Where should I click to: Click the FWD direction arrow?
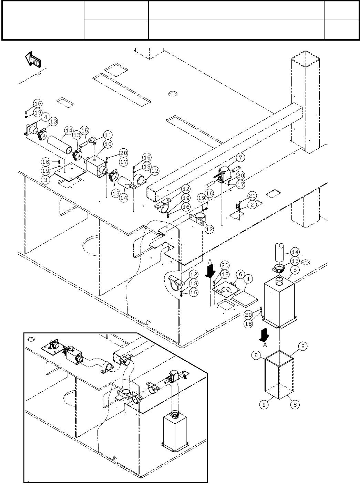[x=33, y=60]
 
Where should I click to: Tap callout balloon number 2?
[x=253, y=205]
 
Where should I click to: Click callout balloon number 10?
[x=108, y=144]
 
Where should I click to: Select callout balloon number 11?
[x=108, y=135]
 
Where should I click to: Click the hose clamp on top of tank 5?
[x=280, y=266]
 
